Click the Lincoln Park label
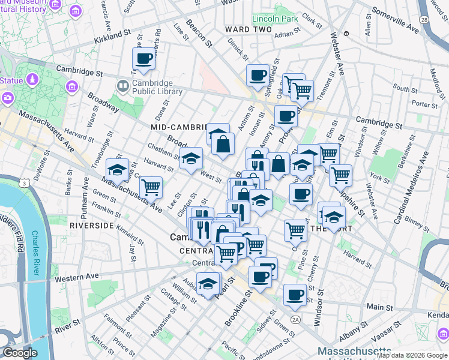276,19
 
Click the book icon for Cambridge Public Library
122,87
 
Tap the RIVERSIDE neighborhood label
91,225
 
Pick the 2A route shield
295,319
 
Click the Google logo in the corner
20,353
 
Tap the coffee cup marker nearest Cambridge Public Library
143,59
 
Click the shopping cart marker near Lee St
151,187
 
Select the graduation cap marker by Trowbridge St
117,170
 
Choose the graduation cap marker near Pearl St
208,284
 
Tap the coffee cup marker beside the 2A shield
294,295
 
